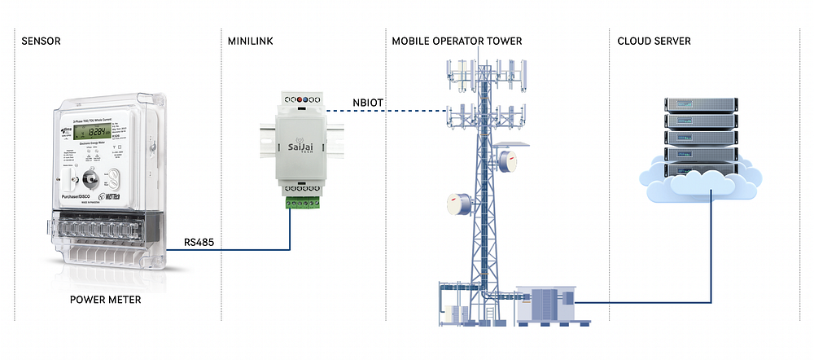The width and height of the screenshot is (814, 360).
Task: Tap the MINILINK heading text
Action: click(x=251, y=41)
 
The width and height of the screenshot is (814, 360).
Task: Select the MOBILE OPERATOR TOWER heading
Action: click(x=457, y=41)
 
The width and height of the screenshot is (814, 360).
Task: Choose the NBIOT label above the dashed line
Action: click(x=369, y=102)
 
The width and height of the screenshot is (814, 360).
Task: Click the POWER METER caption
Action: click(x=105, y=300)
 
